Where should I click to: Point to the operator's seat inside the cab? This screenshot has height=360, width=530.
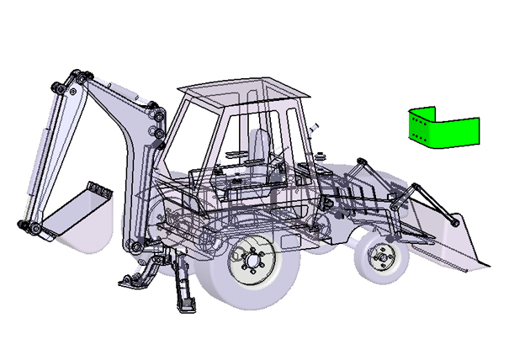[253, 147]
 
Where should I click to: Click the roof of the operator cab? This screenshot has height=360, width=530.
[240, 87]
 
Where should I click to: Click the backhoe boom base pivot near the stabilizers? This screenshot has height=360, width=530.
[135, 246]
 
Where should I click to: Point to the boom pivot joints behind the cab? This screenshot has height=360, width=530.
[156, 122]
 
